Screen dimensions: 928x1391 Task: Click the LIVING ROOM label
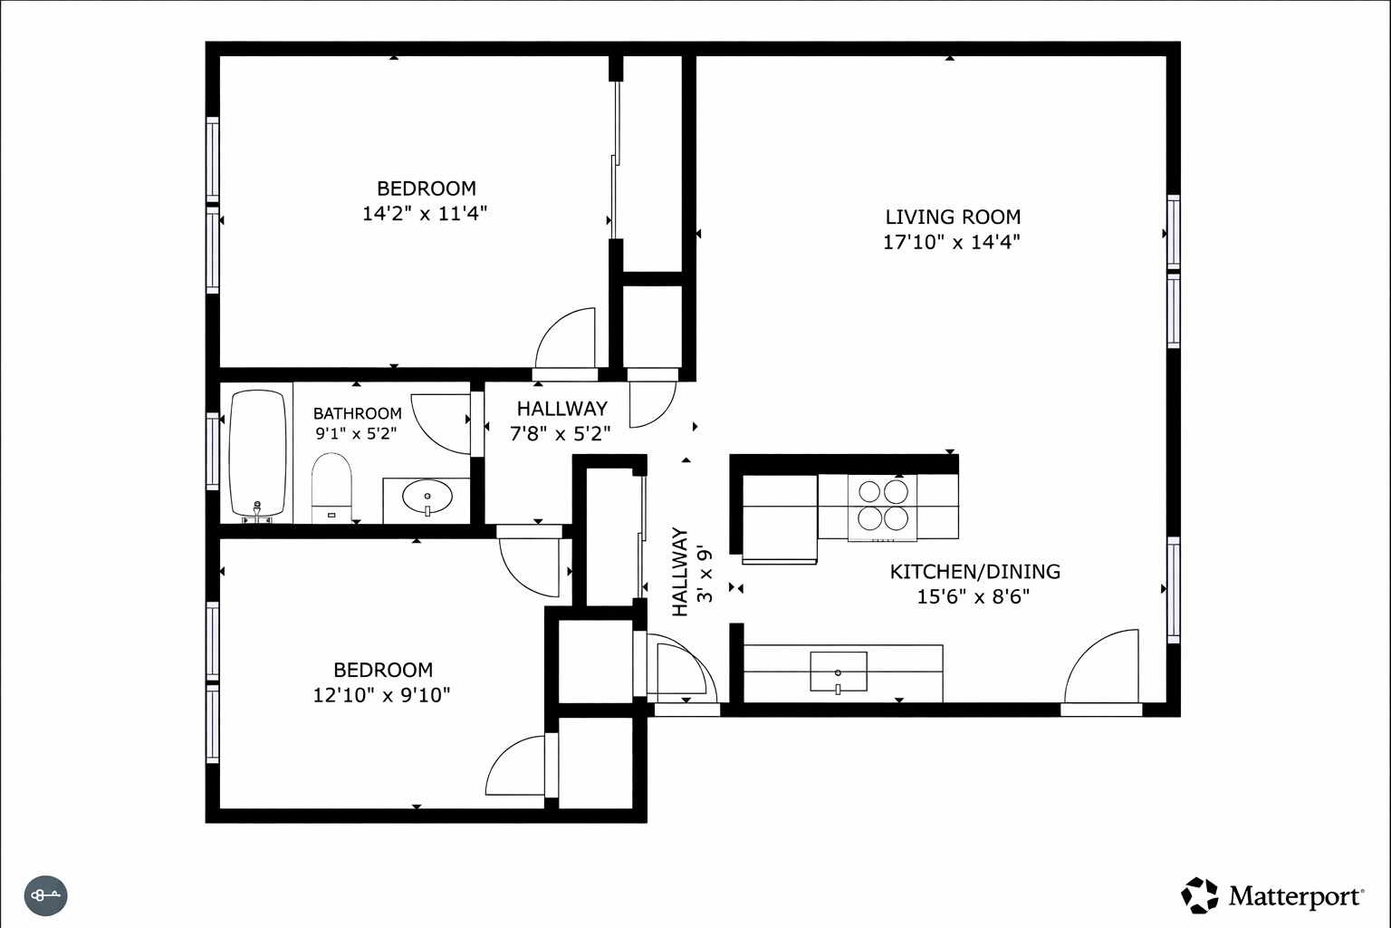[x=952, y=217]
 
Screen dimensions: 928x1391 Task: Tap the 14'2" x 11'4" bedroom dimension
[x=425, y=214]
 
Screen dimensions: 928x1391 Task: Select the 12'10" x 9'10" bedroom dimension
[x=381, y=695]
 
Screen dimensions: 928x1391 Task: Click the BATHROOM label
[x=357, y=413]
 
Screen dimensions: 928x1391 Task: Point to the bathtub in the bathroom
[x=257, y=454]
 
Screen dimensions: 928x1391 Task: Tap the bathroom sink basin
[x=427, y=498]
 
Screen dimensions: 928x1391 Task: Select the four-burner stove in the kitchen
[x=883, y=506]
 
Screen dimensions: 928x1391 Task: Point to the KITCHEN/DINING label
[x=974, y=572]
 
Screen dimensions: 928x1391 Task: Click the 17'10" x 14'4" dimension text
[x=952, y=242]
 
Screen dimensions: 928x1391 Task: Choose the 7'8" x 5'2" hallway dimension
[x=561, y=434]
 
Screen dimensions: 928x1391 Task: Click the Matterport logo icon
[x=1200, y=895]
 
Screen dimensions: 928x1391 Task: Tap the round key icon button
[x=45, y=896]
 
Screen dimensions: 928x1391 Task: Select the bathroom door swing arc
[x=438, y=421]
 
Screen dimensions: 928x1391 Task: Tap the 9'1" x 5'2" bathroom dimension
[x=356, y=434]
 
